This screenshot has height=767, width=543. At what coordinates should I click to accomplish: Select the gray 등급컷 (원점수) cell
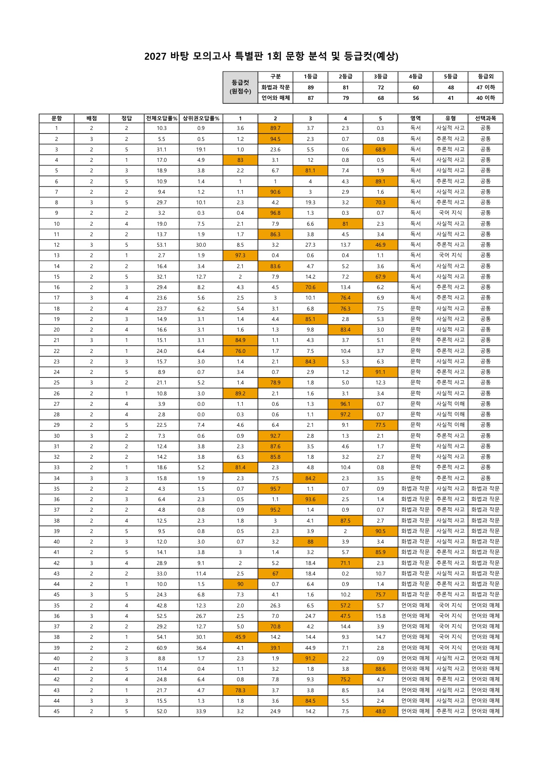tap(240, 87)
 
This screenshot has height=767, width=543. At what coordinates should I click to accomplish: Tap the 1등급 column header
tap(310, 77)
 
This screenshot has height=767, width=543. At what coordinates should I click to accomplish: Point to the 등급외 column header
tap(486, 77)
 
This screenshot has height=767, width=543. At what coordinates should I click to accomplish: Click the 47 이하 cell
tap(486, 87)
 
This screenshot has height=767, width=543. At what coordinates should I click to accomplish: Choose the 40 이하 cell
tap(486, 98)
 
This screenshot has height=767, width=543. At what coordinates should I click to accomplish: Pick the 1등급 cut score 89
tap(310, 87)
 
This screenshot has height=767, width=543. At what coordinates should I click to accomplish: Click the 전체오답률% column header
tap(162, 118)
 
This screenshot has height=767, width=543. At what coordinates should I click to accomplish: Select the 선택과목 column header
tap(486, 118)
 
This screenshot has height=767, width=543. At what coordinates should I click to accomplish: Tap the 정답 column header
tap(126, 118)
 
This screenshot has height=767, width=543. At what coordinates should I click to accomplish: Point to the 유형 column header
tap(450, 118)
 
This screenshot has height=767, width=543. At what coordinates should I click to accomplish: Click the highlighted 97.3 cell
tap(240, 255)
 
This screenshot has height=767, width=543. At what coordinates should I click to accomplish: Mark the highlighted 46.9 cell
tap(380, 245)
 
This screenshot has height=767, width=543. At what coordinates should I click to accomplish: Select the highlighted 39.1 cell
tap(275, 648)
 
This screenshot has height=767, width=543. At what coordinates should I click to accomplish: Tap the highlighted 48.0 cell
tap(380, 711)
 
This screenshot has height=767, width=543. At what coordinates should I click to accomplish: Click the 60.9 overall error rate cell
tap(162, 648)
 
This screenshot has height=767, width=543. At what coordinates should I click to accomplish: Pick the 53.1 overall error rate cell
tap(162, 245)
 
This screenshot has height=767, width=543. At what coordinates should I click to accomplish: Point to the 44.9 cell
tap(310, 648)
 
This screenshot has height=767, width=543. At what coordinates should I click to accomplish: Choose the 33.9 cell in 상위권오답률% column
tap(201, 711)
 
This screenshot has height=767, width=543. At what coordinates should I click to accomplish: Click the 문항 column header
tap(57, 118)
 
